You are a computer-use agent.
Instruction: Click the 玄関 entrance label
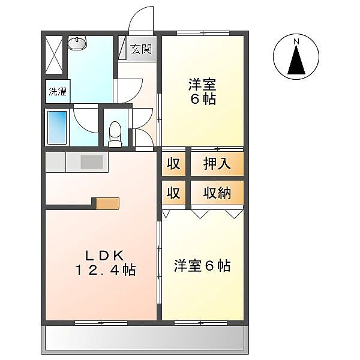pyautogui.click(x=141, y=49)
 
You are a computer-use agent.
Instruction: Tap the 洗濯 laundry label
pyautogui.click(x=58, y=92)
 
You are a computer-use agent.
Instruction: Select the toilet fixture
pyautogui.click(x=115, y=134)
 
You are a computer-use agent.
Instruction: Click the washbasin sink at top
pyautogui.click(x=77, y=43)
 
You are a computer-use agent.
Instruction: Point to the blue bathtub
pyautogui.click(x=57, y=127)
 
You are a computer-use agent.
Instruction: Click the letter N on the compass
pyautogui.click(x=296, y=41)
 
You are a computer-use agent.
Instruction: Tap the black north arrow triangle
pyautogui.click(x=296, y=59)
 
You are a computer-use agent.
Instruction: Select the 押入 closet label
pyautogui.click(x=217, y=164)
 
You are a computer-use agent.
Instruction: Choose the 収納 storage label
pyautogui.click(x=217, y=193)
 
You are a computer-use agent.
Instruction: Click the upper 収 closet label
pyautogui.click(x=173, y=164)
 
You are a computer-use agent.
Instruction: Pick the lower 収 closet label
pyautogui.click(x=173, y=193)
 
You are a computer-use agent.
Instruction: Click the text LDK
pyautogui.click(x=105, y=255)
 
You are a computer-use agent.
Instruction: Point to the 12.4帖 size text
pyautogui.click(x=106, y=270)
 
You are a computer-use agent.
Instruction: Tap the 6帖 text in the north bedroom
pyautogui.click(x=203, y=100)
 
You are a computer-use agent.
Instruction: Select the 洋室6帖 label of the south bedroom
pyautogui.click(x=202, y=266)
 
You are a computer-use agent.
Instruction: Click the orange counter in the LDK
pyautogui.click(x=107, y=203)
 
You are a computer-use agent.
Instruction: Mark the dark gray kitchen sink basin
pyautogui.click(x=91, y=162)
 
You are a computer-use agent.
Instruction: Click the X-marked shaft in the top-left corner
pyautogui.click(x=54, y=55)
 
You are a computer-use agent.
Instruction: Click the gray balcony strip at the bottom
pyautogui.click(x=145, y=338)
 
